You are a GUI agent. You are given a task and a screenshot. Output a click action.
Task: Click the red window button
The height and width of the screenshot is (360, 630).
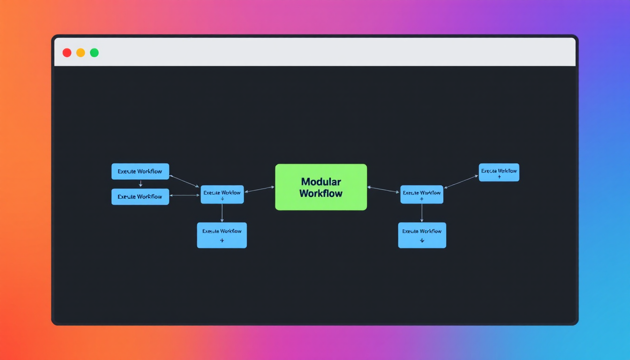pyautogui.click(x=67, y=52)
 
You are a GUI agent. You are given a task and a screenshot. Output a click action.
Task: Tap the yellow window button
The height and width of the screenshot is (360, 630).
pyautogui.click(x=81, y=52)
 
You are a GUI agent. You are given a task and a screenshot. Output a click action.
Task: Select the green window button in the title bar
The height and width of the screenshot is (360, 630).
pyautogui.click(x=94, y=52)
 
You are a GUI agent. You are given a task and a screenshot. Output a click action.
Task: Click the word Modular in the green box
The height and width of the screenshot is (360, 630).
pyautogui.click(x=321, y=181)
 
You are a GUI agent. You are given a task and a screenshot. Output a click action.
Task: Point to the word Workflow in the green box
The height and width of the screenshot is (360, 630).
pyautogui.click(x=321, y=193)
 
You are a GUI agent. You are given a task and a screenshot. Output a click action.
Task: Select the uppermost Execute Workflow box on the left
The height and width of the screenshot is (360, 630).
pyautogui.click(x=140, y=171)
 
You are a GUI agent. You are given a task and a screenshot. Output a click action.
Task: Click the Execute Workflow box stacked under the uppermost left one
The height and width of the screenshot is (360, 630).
pyautogui.click(x=140, y=196)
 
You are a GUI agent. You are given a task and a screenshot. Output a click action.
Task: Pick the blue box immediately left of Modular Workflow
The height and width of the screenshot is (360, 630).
pyautogui.click(x=222, y=194)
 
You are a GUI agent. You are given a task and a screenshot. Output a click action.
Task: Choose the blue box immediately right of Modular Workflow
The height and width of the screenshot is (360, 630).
pyautogui.click(x=421, y=194)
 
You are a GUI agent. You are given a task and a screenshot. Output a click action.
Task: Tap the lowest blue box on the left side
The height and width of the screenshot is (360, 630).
pyautogui.click(x=222, y=235)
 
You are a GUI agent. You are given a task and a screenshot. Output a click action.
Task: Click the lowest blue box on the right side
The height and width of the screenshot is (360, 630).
pyautogui.click(x=422, y=235)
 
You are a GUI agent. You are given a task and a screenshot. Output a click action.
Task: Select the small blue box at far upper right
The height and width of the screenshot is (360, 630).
pyautogui.click(x=499, y=172)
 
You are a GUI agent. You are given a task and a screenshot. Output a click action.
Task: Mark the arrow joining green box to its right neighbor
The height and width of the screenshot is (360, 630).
pyautogui.click(x=383, y=189)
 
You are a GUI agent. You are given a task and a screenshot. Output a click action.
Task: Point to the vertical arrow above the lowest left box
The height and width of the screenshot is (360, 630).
pyautogui.click(x=222, y=213)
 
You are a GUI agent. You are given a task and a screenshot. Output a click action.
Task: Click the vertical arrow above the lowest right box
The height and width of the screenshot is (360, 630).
pyautogui.click(x=422, y=213)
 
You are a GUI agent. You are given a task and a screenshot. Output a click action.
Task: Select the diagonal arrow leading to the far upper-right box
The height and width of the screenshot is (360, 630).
pyautogui.click(x=461, y=182)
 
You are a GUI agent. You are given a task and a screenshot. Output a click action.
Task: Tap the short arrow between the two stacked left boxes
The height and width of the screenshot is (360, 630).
pyautogui.click(x=140, y=184)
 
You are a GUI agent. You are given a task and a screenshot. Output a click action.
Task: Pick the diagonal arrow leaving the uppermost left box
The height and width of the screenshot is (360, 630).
pyautogui.click(x=184, y=181)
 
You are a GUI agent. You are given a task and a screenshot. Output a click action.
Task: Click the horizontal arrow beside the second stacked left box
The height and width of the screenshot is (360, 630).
pyautogui.click(x=185, y=195)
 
